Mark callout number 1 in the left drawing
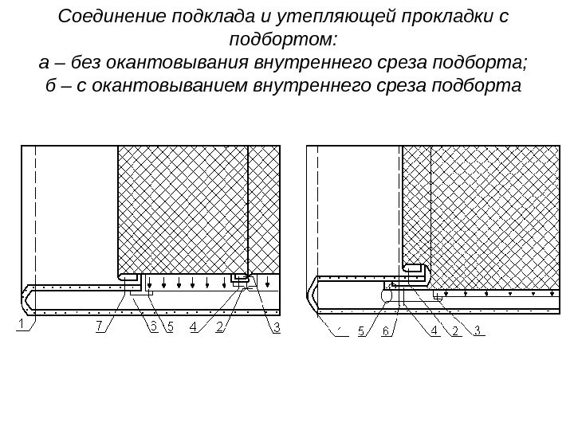[x=22, y=326]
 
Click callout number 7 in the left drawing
[x=99, y=326]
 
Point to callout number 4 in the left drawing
[x=191, y=326]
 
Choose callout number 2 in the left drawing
[x=220, y=326]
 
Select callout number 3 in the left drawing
[x=277, y=326]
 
